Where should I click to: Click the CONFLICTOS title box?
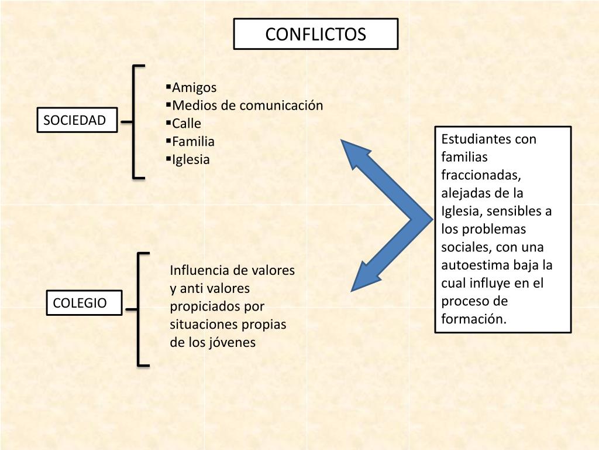point(316,34)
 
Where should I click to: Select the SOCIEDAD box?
point(77,121)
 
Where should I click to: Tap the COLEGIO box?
point(84,303)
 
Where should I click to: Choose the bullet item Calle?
point(186,124)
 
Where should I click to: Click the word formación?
point(473,319)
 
